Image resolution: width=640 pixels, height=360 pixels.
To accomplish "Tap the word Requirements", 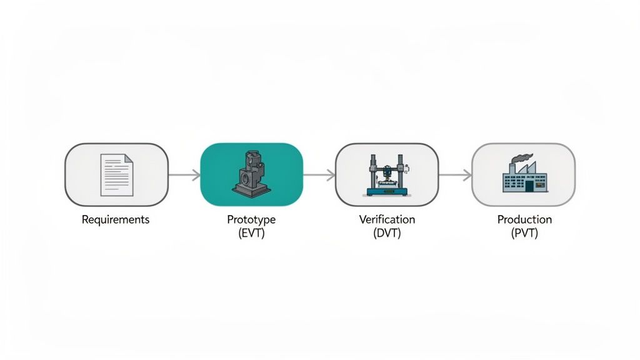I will (x=116, y=220).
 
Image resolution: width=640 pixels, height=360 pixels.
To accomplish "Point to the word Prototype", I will (x=251, y=220).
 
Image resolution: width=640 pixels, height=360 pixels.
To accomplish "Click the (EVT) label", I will (x=251, y=233).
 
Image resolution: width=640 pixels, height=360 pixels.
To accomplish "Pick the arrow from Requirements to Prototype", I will (x=184, y=175).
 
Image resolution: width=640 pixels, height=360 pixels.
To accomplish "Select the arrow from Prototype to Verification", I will (x=319, y=176).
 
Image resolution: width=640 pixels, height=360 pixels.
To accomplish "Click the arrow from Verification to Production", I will (x=455, y=176).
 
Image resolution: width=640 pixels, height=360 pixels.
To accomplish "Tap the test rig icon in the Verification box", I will (x=387, y=174).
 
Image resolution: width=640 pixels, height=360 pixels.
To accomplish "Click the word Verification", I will (x=387, y=220).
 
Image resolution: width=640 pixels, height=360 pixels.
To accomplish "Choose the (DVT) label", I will (x=387, y=233).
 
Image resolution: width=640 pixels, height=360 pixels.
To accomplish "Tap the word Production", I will (x=524, y=220).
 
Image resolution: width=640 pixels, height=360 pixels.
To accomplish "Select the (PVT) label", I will (x=524, y=233).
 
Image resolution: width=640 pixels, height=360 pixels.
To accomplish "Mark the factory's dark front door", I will (x=529, y=186).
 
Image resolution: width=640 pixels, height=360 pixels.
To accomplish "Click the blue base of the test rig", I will (x=387, y=191).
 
